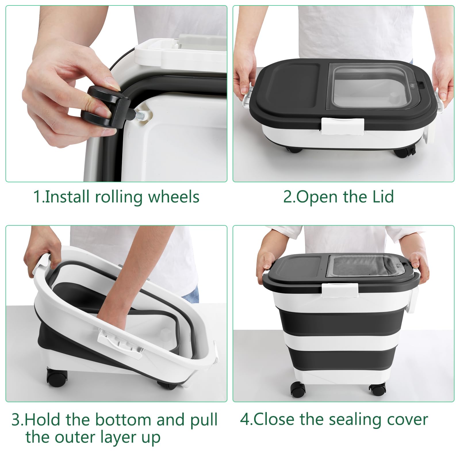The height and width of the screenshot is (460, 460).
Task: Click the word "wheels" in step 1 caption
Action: [174, 197]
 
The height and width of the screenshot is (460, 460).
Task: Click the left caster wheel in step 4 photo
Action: [298, 389]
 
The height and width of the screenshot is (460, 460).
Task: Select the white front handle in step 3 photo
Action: [120, 344]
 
